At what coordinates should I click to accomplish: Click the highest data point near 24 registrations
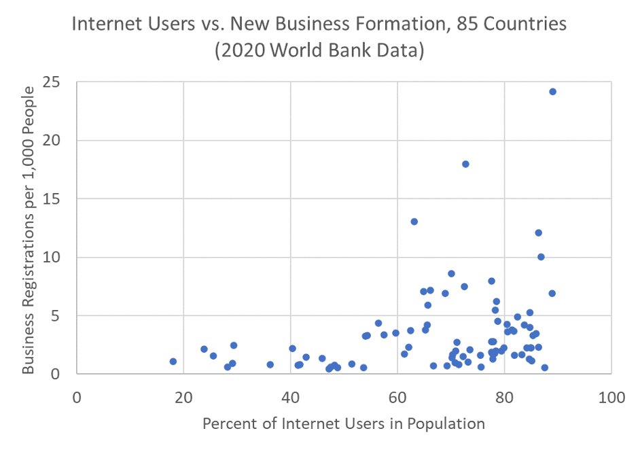pos(552,92)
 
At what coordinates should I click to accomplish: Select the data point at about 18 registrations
pos(465,164)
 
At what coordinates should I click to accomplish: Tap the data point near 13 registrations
pos(414,222)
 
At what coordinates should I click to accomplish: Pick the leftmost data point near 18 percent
pos(173,362)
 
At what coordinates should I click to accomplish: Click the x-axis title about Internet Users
pos(344,424)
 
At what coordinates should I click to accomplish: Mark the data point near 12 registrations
pos(538,232)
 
